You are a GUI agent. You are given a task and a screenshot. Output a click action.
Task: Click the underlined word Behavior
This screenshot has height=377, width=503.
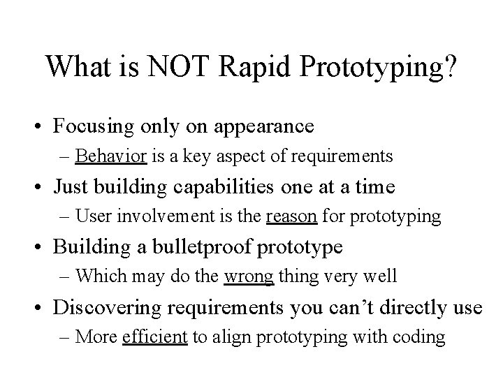tap(111, 156)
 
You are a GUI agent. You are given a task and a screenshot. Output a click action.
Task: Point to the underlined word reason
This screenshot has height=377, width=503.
tap(292, 216)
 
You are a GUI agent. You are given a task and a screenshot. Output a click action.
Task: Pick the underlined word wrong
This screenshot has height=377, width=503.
tap(249, 276)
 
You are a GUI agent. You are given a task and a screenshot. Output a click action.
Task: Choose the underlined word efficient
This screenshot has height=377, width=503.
tap(154, 337)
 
